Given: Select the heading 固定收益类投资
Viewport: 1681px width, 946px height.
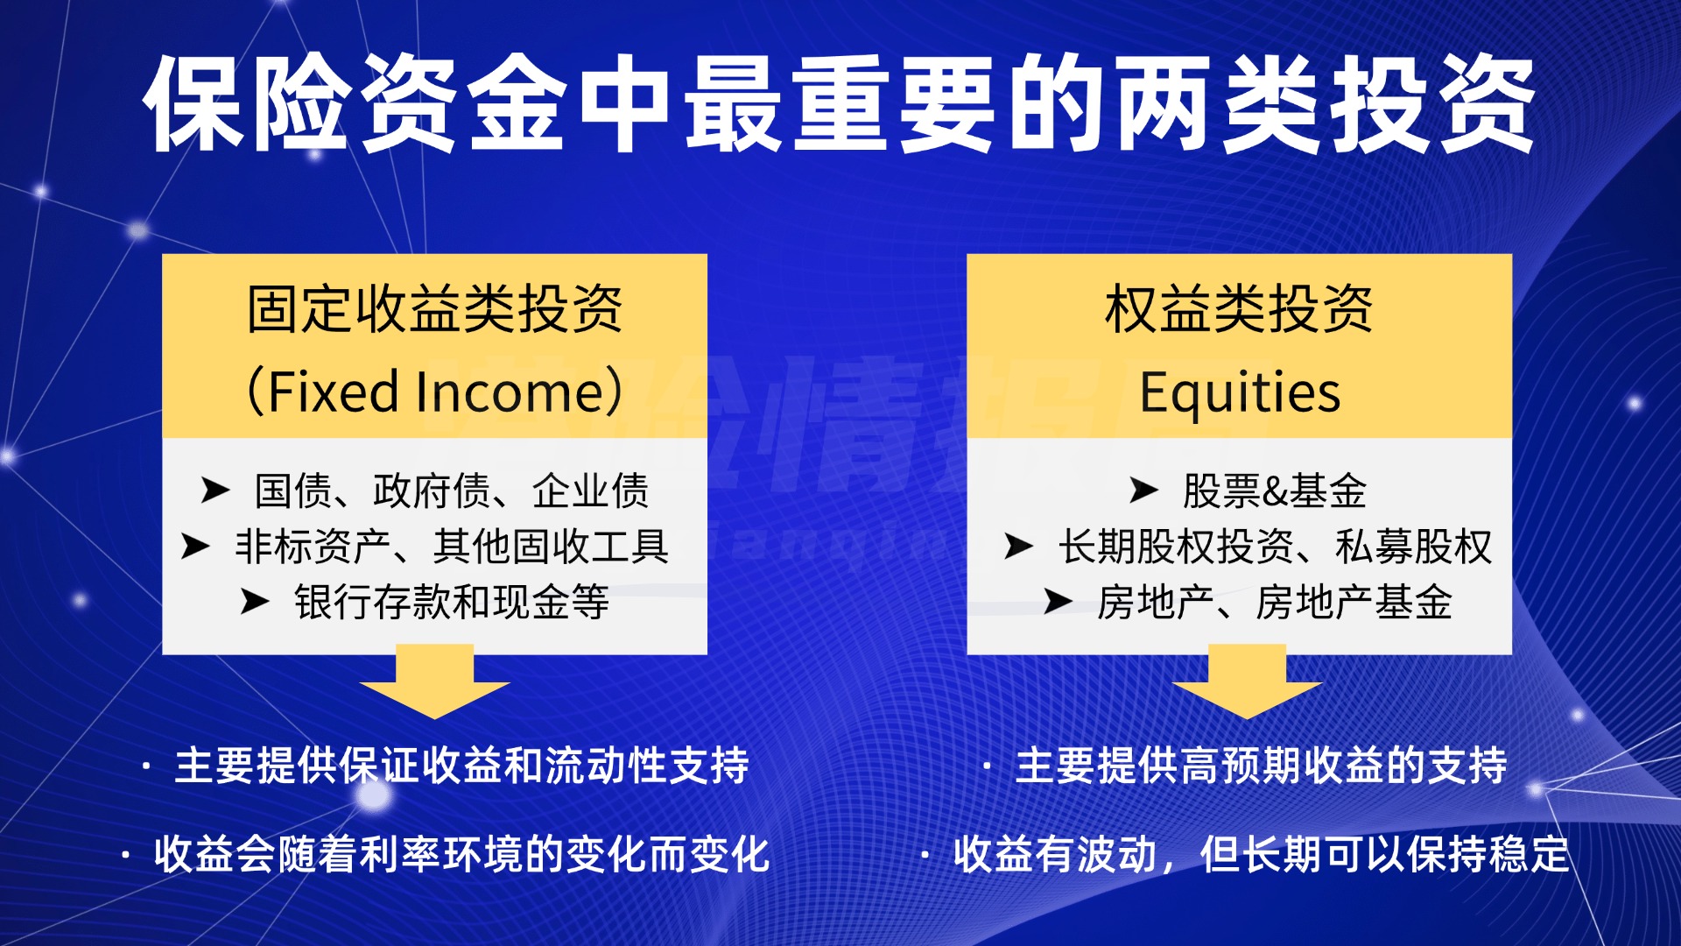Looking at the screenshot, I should coord(434,310).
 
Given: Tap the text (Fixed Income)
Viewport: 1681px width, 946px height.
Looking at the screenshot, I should coord(434,391).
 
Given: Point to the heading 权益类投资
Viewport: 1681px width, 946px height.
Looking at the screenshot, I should coord(1238,310).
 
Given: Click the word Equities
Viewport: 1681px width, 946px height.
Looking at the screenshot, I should coord(1239,391).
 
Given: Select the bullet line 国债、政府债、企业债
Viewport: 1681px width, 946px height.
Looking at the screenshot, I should coord(451,491).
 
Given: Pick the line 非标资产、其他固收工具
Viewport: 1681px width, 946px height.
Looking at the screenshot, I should coord(451,547).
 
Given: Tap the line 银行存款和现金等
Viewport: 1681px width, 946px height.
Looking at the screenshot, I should coord(451,603).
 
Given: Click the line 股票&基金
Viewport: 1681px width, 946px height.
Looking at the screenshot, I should coord(1274,491).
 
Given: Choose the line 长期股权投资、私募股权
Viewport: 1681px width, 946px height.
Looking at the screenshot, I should coord(1274,547).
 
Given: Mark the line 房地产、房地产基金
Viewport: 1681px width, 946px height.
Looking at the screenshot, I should coord(1274,603).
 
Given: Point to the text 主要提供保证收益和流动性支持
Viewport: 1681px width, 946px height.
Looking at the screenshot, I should coord(461,766).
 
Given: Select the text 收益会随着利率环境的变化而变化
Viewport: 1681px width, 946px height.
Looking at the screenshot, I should coord(461,855).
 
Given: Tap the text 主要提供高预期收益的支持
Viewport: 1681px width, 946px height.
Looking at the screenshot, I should coord(1261,766).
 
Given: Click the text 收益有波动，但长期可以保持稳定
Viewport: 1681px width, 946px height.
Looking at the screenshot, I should coord(1261,855).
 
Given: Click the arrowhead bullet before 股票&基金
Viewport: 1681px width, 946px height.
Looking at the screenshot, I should coord(1143,491).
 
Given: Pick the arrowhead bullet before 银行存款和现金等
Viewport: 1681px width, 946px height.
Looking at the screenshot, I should coord(255,603).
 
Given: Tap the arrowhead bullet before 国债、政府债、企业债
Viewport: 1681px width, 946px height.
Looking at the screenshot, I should coord(215,491).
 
